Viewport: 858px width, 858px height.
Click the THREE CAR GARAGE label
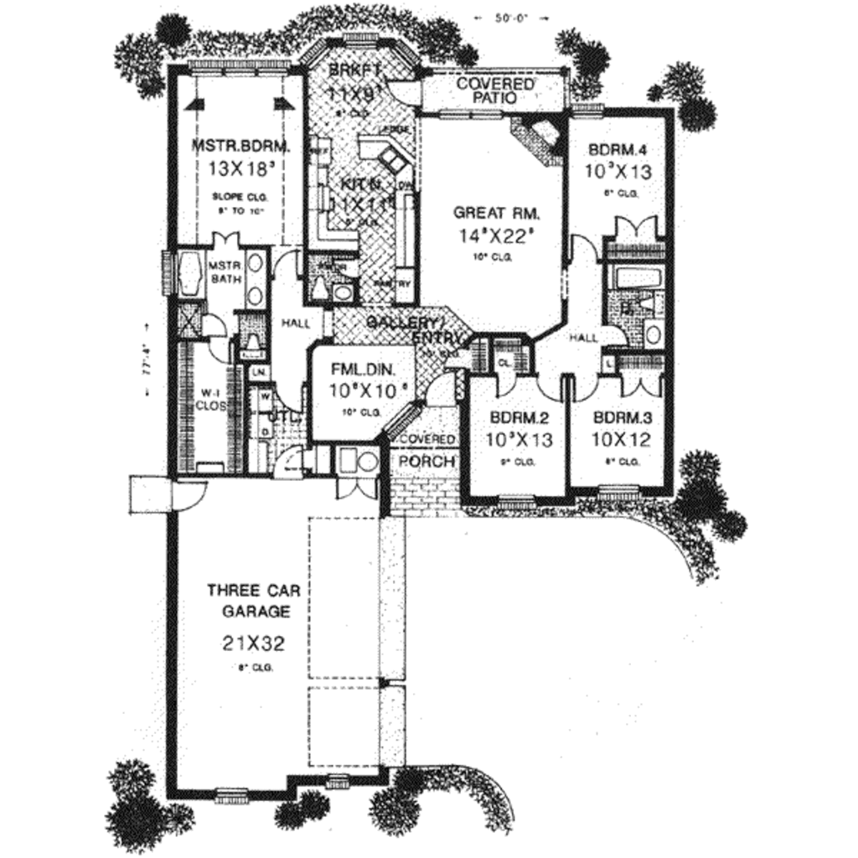point(249,601)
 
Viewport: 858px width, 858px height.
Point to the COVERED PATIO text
point(495,91)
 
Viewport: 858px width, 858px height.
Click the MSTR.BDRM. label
point(241,146)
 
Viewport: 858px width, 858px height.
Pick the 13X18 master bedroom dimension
point(241,168)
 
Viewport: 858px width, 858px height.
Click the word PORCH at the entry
point(426,461)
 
